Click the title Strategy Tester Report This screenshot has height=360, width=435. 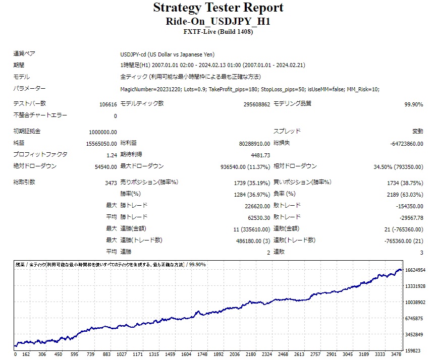218,8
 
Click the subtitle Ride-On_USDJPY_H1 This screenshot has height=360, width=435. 218,22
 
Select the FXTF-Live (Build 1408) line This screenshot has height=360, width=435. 218,32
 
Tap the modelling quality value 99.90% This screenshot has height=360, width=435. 413,104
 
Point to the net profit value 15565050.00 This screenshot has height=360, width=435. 100,144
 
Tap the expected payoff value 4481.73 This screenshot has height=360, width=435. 260,155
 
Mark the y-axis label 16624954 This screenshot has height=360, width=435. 416,270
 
